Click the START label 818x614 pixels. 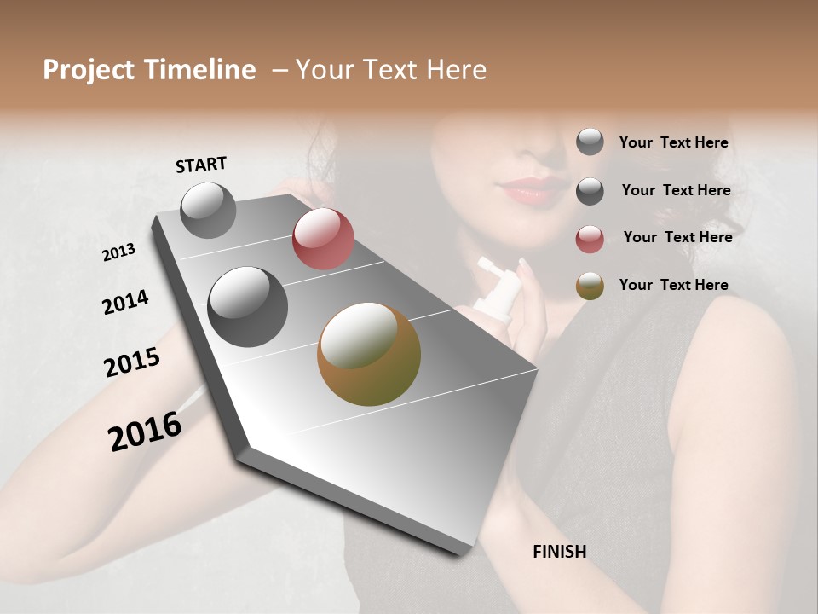tap(201, 165)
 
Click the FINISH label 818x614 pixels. tap(560, 552)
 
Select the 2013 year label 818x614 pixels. tap(119, 252)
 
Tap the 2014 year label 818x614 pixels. tap(125, 302)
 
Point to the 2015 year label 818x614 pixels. tap(132, 362)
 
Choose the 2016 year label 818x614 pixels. tap(145, 432)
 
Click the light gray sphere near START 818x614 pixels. tap(208, 210)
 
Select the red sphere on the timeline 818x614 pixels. tap(323, 239)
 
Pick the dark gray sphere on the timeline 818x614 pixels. tap(247, 307)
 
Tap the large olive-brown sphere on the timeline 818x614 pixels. tap(369, 354)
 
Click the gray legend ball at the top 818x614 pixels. tap(590, 142)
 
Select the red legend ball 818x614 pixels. tap(590, 238)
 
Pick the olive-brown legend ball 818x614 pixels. tap(590, 286)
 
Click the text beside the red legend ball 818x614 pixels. tap(677, 237)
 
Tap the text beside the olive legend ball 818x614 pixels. tap(673, 285)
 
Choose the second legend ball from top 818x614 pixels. tap(590, 191)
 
